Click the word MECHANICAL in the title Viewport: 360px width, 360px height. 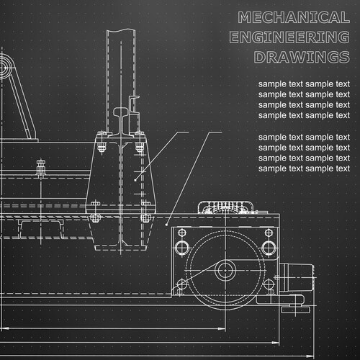[x=294, y=17]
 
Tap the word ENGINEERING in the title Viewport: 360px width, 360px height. [x=289, y=37]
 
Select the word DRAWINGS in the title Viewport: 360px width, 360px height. [x=302, y=57]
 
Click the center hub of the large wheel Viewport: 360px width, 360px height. [x=225, y=270]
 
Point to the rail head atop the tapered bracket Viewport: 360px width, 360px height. [x=122, y=112]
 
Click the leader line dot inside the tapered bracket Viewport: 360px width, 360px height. [x=135, y=180]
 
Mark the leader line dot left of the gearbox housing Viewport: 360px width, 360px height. [x=166, y=225]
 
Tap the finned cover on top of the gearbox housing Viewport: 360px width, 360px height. [x=225, y=207]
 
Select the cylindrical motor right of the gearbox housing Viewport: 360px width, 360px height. [x=297, y=277]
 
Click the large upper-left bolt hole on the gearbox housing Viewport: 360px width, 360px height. [x=182, y=248]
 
